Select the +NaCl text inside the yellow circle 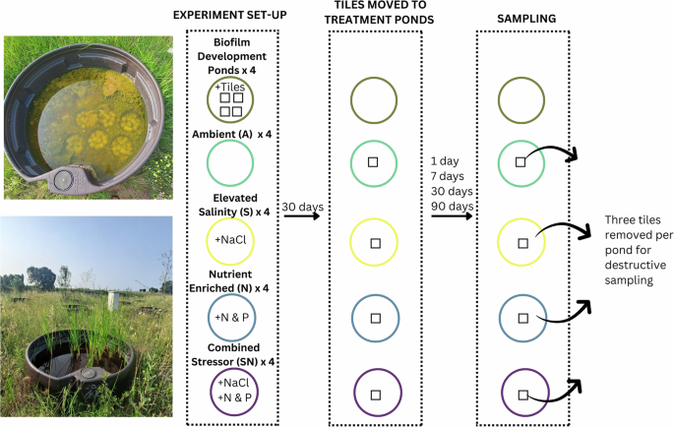(231, 241)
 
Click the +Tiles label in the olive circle (231, 89)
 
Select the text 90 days (453, 206)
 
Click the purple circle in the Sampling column (522, 393)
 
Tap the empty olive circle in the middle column (375, 101)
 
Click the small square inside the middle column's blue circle (375, 318)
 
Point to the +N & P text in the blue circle (231, 317)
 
